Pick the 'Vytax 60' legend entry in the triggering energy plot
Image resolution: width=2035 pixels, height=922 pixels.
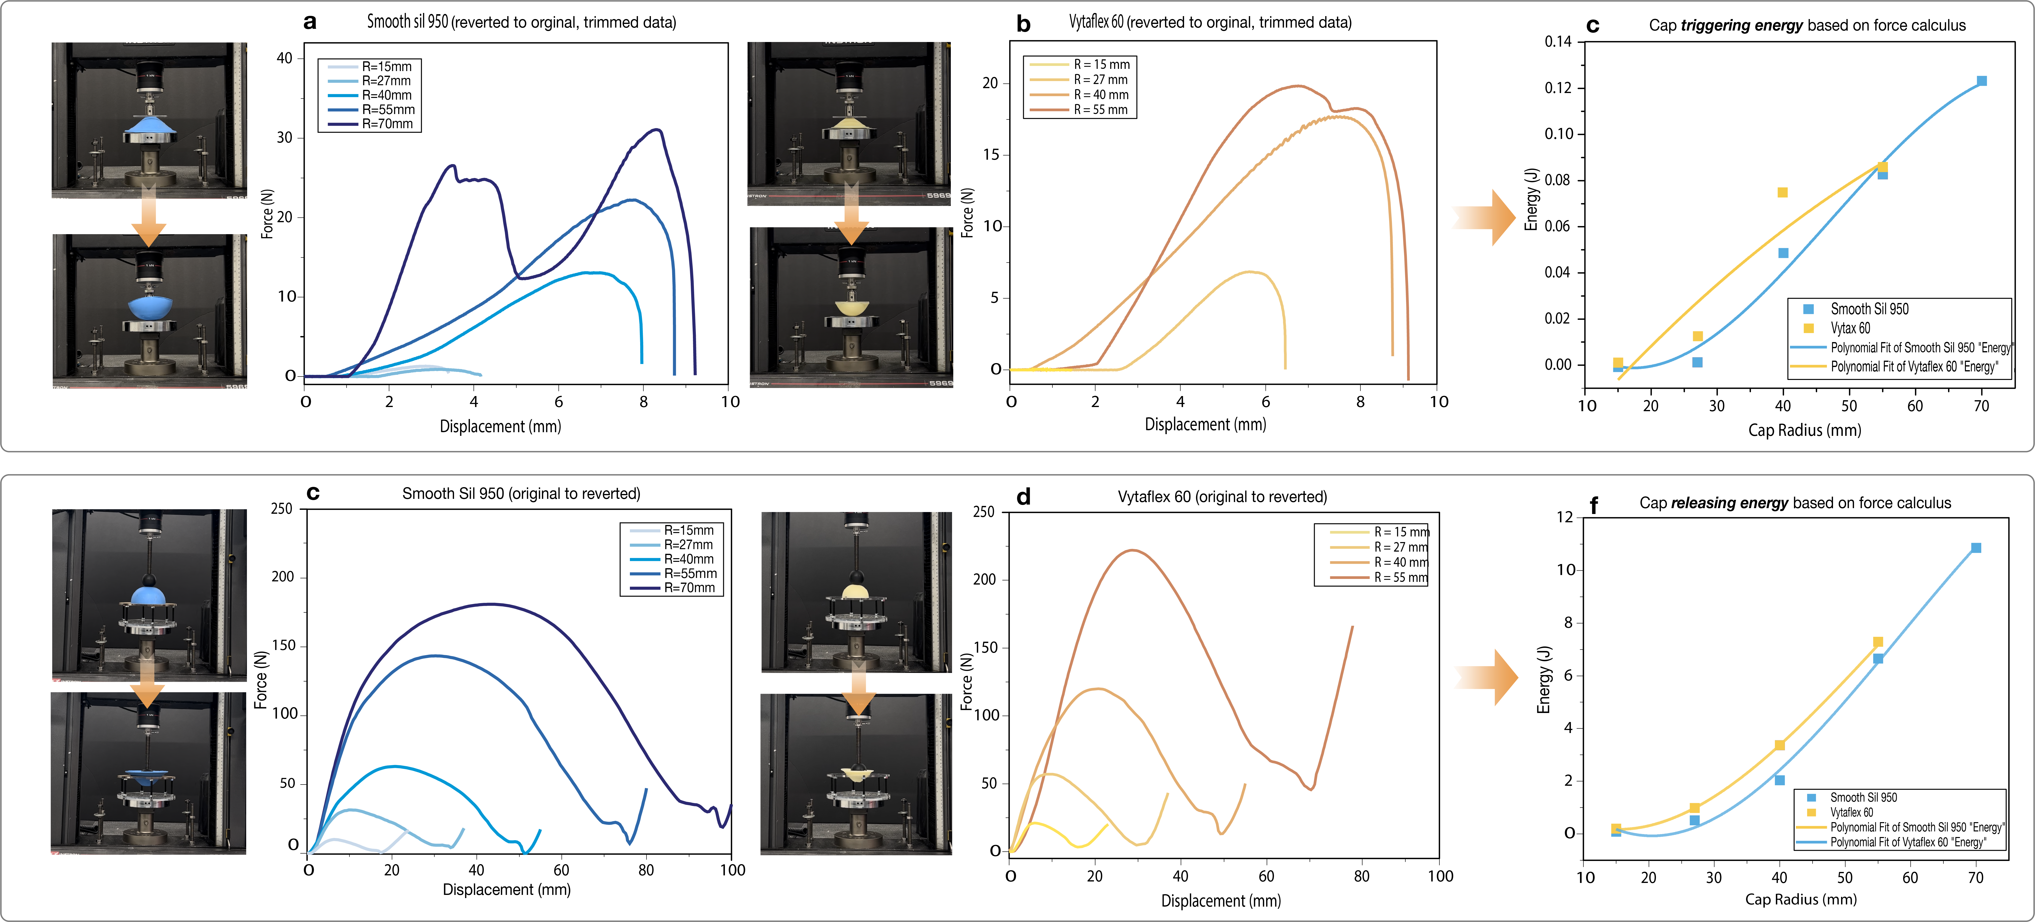(1850, 328)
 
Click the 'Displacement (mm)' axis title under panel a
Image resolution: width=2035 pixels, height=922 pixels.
(500, 427)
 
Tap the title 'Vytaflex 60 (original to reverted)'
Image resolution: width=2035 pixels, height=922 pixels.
(1222, 497)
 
